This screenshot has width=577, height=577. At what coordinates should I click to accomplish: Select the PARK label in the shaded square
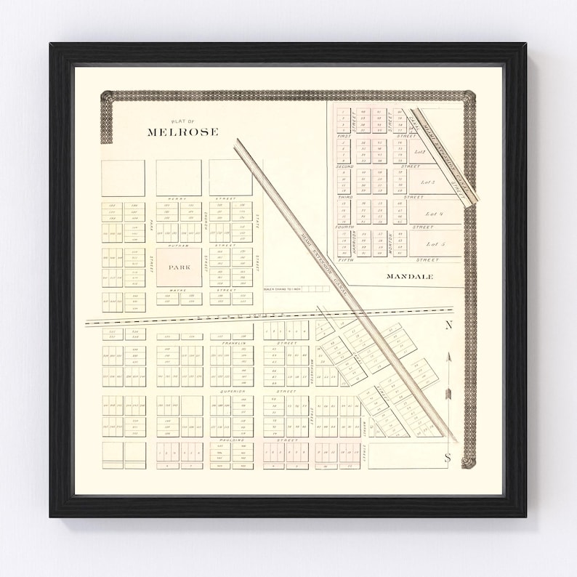point(179,267)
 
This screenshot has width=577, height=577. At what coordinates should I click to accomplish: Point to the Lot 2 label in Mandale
point(419,152)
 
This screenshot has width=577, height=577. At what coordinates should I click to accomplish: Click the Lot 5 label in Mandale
point(435,244)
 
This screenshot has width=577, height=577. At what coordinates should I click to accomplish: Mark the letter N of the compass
point(448,325)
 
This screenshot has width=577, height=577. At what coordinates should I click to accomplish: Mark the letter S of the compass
point(448,457)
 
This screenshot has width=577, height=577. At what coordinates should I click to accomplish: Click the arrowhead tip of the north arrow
point(448,354)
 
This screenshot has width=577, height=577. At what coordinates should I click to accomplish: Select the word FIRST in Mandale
point(344,136)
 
